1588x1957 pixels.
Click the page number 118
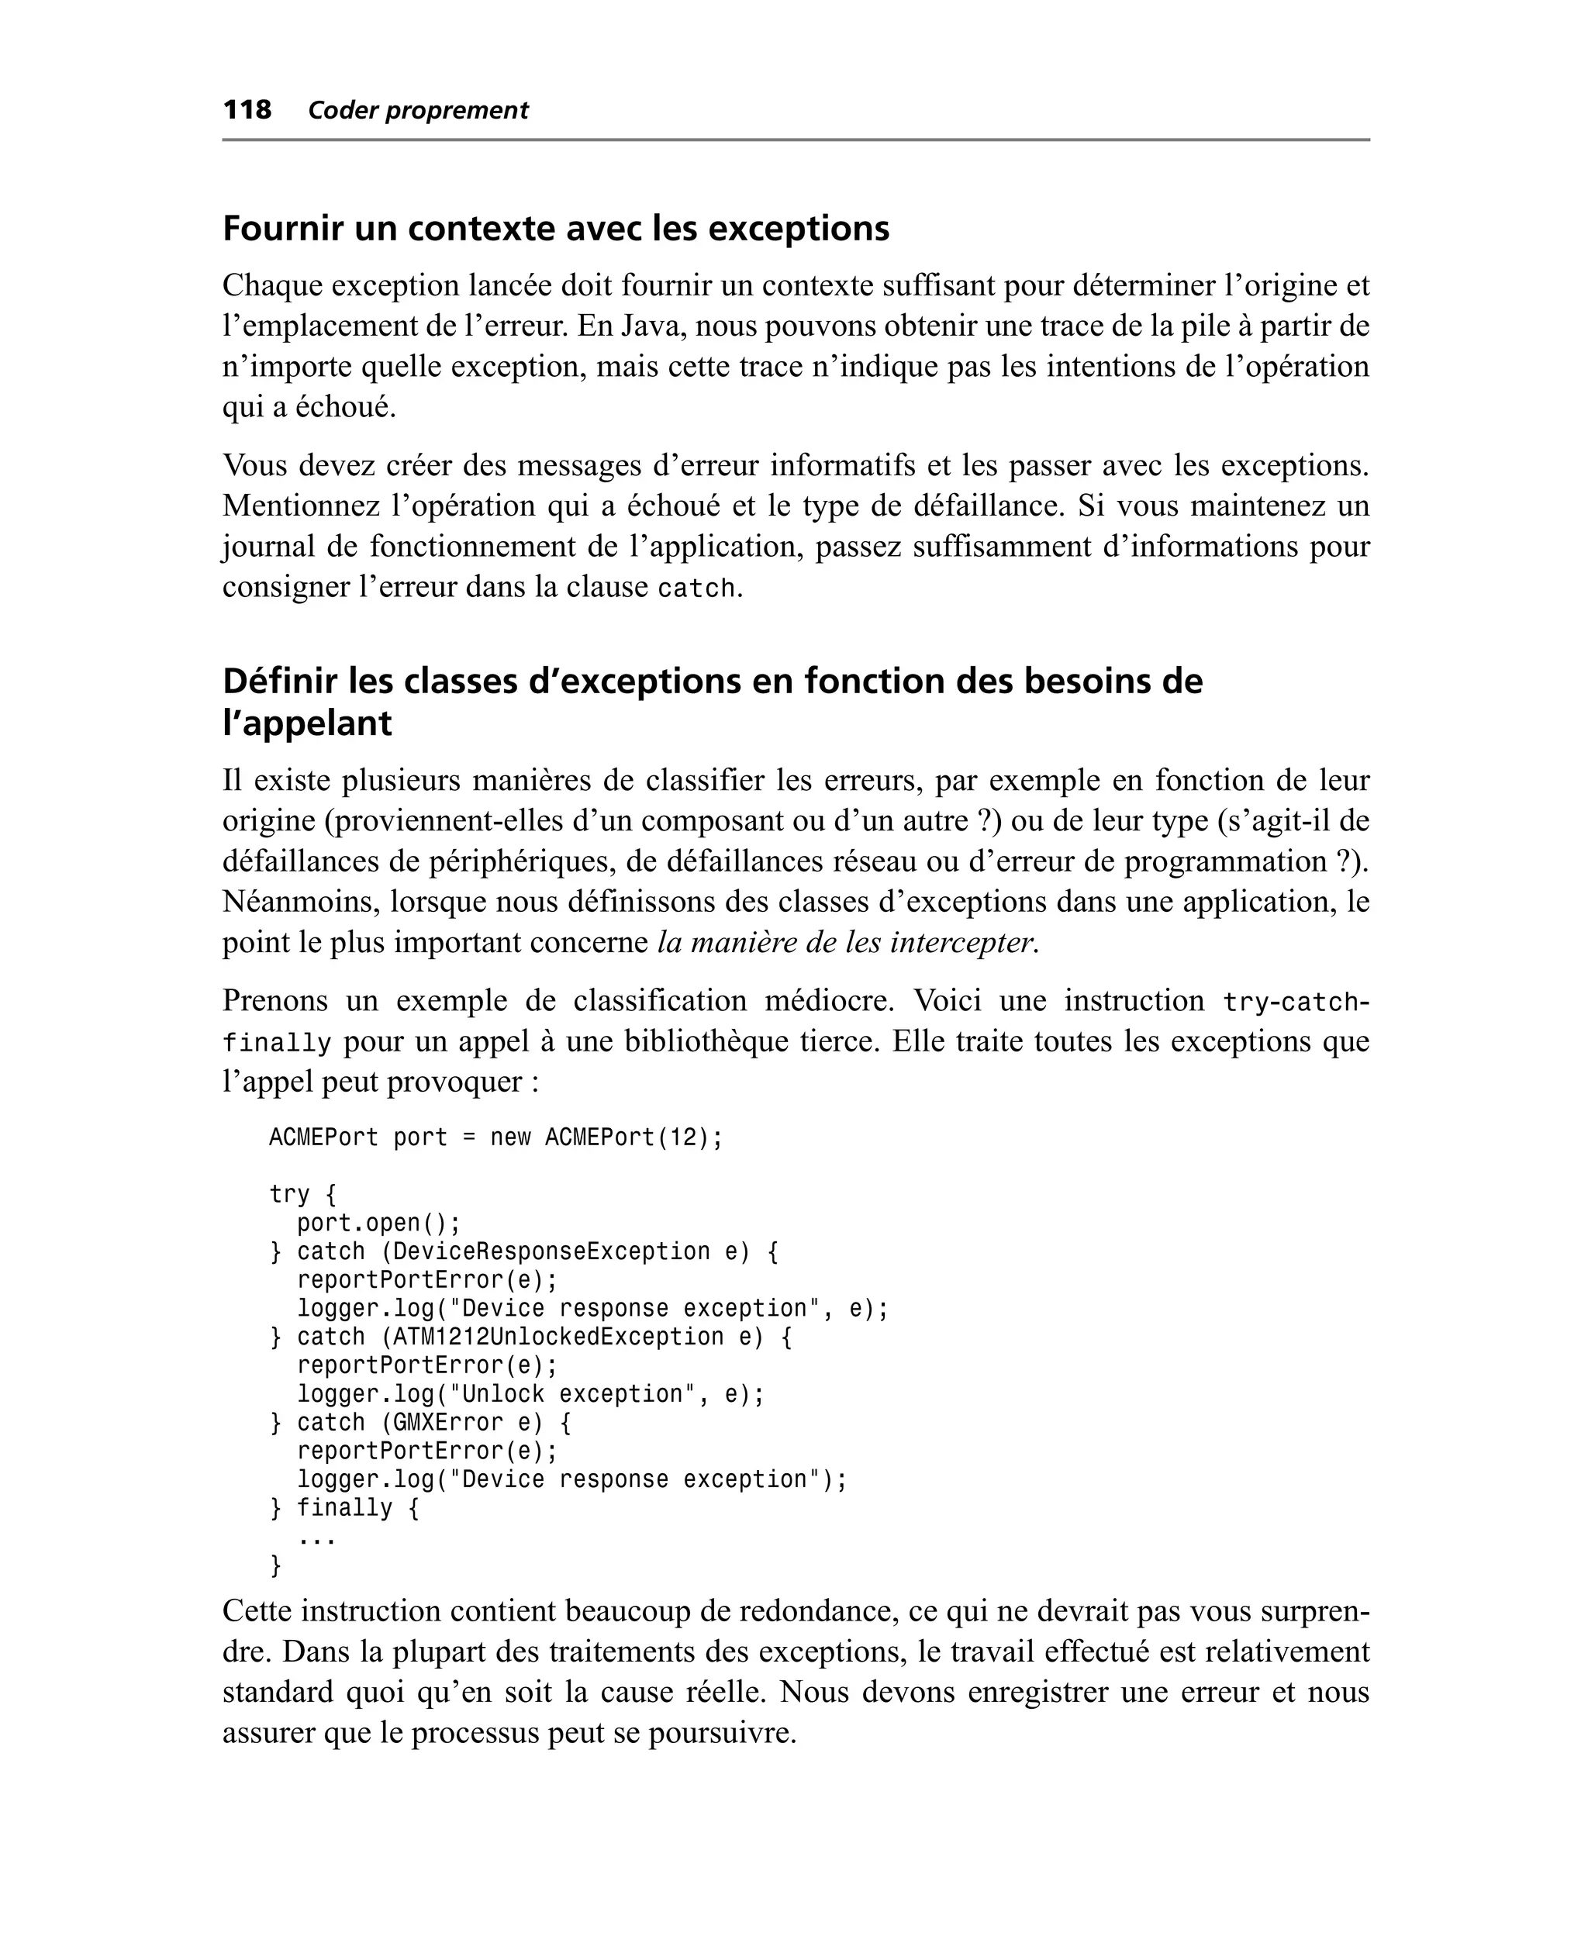click(x=247, y=110)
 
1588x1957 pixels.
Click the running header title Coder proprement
click(x=418, y=111)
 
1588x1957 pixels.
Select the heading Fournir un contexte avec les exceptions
click(x=555, y=228)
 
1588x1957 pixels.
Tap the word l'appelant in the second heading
click(x=306, y=723)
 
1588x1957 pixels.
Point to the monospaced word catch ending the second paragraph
click(x=696, y=588)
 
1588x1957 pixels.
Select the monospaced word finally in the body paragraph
click(x=276, y=1043)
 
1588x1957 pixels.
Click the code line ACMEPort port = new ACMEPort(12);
click(x=495, y=1137)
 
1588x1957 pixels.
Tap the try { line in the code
click(x=302, y=1194)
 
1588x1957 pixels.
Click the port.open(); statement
click(x=378, y=1223)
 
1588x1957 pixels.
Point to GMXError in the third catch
click(x=448, y=1423)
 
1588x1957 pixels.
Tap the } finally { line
click(x=345, y=1508)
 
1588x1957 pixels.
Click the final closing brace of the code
click(x=275, y=1565)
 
